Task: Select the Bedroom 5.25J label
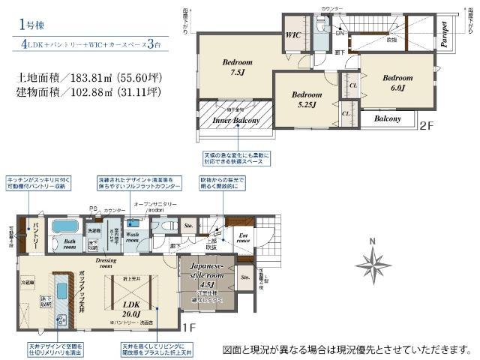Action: [x=307, y=99]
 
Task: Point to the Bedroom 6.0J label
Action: [x=397, y=82]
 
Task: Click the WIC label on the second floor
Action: [x=292, y=34]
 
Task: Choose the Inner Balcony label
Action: [x=235, y=120]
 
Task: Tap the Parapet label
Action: [x=445, y=33]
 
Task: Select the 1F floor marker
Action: [x=188, y=328]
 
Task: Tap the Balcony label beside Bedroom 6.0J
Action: [x=387, y=118]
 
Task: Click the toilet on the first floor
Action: [x=166, y=224]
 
